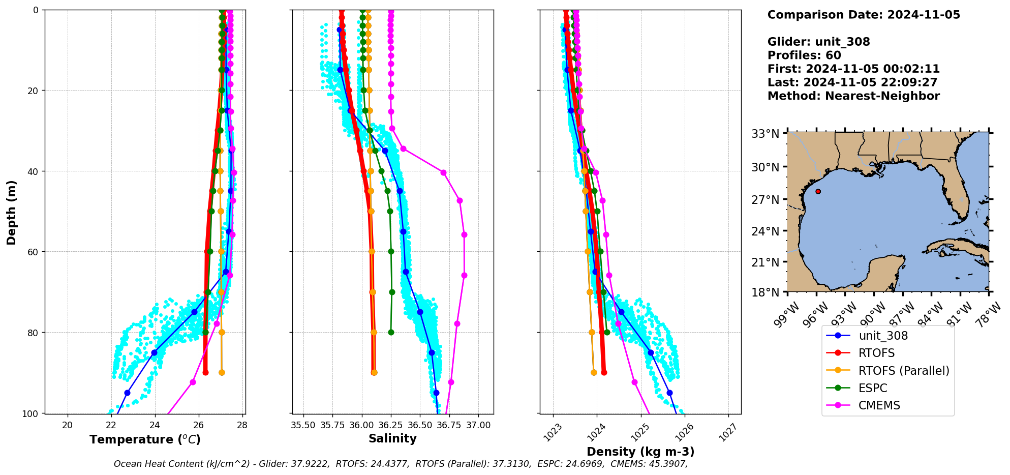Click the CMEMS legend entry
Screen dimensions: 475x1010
coord(879,405)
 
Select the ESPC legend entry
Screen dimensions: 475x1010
coord(873,388)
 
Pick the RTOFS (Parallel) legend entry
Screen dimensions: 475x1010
coord(903,371)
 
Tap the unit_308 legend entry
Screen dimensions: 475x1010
coord(883,336)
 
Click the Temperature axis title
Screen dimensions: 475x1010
coord(145,439)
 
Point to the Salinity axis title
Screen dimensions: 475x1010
coord(392,438)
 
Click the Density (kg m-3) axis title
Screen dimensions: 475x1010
coord(640,452)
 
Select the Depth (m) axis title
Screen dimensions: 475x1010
coord(11,212)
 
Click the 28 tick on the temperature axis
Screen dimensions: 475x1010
coord(242,425)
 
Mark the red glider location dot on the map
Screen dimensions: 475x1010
coord(818,192)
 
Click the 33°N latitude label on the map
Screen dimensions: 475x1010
coord(765,134)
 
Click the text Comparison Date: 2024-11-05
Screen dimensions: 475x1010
coord(863,15)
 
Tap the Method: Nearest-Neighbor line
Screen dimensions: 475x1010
coord(853,96)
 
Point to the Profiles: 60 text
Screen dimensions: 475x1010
coord(804,55)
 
